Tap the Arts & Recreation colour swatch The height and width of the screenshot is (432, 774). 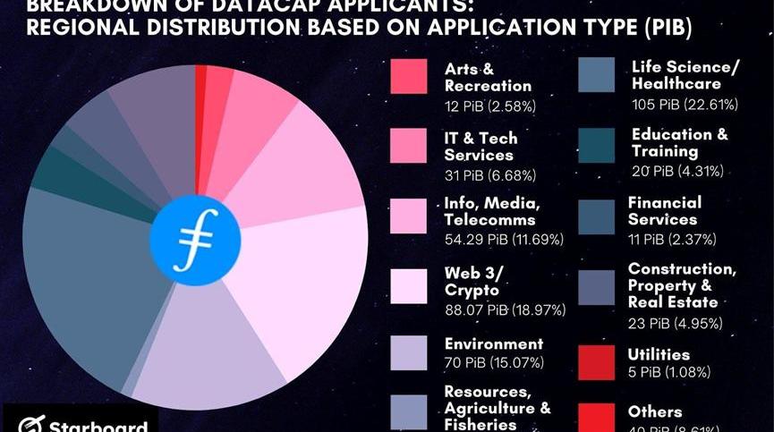point(408,76)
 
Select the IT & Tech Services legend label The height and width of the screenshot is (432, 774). point(481,146)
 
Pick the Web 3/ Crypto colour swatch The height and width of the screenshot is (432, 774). point(408,285)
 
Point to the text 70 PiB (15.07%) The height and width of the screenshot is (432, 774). point(494,363)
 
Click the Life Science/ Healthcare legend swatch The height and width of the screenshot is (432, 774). point(596,76)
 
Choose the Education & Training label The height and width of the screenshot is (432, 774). point(680,143)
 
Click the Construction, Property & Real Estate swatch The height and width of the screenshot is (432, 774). point(596,287)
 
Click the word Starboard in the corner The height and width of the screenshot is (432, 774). point(98,424)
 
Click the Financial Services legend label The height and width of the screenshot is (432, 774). point(665,210)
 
